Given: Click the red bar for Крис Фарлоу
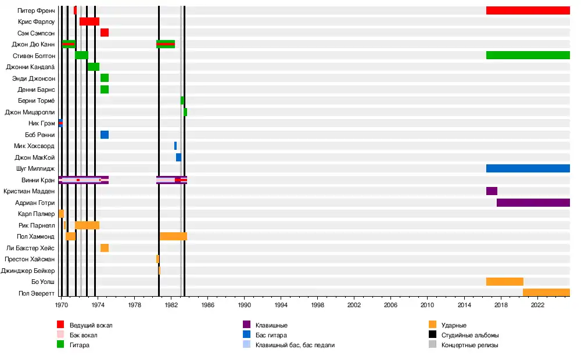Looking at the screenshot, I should (x=89, y=21).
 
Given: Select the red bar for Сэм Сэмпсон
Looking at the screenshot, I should (x=105, y=33).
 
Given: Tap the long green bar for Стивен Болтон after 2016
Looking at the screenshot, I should (x=528, y=55).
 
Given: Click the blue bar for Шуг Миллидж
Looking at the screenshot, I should (x=528, y=168).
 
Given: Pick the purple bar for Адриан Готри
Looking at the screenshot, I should (x=533, y=203).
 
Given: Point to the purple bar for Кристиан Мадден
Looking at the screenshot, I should (x=492, y=191).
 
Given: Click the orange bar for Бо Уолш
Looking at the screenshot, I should (x=504, y=282).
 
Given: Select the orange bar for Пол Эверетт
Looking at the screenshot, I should (x=546, y=293).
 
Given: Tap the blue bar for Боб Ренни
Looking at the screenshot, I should (x=105, y=135).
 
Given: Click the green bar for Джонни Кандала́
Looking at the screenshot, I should (x=94, y=67).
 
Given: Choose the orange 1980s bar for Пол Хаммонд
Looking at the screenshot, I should (x=173, y=236).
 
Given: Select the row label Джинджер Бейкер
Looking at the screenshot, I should (x=28, y=271).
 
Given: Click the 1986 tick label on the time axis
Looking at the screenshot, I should (x=207, y=304).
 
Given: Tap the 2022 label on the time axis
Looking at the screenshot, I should (x=537, y=304).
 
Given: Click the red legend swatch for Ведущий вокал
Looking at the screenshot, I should (x=60, y=325).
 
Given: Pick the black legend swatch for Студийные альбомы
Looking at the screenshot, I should (x=432, y=335).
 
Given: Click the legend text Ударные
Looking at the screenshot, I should (x=454, y=325).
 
